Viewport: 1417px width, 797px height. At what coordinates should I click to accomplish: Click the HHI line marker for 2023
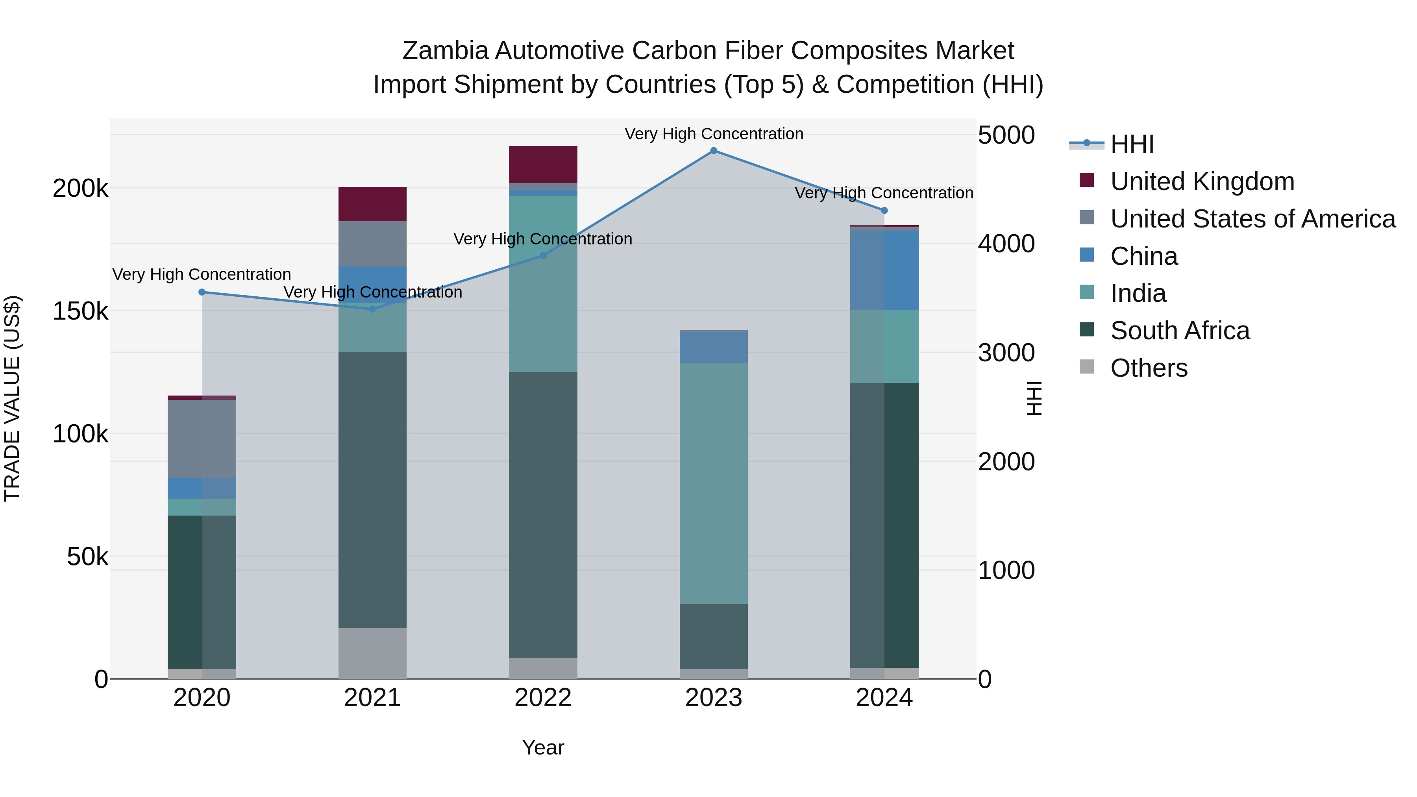tap(714, 151)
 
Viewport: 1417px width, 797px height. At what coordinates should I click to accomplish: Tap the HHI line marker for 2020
tap(202, 292)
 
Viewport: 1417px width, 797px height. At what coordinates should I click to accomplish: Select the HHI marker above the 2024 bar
tap(884, 210)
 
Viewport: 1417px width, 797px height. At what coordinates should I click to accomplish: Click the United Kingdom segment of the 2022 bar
tap(543, 165)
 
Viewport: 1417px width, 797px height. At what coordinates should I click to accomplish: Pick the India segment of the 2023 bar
tap(714, 483)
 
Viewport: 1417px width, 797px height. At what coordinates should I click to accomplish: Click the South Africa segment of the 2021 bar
tap(372, 490)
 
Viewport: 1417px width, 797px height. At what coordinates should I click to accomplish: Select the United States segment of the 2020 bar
tap(202, 438)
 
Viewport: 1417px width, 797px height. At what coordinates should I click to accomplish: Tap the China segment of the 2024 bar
tap(884, 270)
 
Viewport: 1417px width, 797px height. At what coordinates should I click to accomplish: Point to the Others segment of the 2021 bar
tap(372, 653)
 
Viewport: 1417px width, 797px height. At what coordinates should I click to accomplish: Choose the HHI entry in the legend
tap(1132, 144)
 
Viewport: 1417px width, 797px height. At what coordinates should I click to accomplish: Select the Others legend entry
tap(1149, 368)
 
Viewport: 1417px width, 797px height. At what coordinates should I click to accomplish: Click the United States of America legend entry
tap(1252, 219)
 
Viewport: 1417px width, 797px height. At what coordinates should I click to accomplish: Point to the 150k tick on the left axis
tap(80, 311)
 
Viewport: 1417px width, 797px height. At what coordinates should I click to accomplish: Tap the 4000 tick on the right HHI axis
tap(1006, 244)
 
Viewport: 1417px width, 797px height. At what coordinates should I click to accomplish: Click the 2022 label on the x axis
tap(543, 698)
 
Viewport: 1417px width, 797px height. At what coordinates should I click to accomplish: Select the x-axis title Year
tap(543, 747)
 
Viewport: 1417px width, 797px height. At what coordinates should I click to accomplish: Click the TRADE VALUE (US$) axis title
tap(12, 398)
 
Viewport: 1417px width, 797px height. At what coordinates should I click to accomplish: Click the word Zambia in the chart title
tap(445, 51)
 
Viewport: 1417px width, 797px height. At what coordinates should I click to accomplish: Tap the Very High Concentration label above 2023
tap(714, 134)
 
